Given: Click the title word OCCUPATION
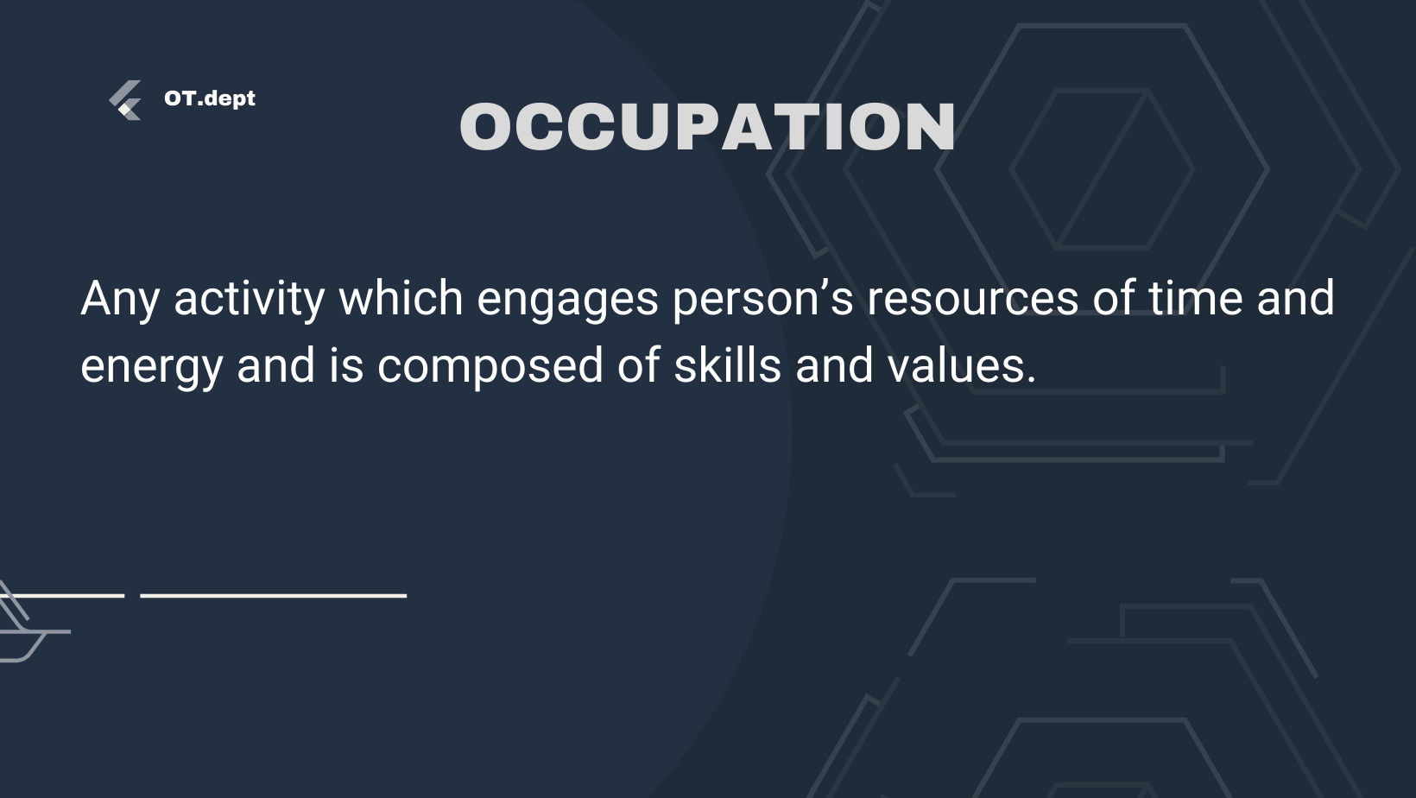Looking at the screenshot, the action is [x=707, y=126].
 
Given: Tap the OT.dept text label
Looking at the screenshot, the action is [x=209, y=98].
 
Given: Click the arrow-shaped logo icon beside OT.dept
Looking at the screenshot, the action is [x=125, y=100].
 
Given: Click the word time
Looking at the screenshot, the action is [x=1195, y=297].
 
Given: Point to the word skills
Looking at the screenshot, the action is [x=728, y=364].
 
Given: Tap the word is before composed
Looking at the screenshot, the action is [x=345, y=364].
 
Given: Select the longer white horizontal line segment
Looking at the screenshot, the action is [x=273, y=596].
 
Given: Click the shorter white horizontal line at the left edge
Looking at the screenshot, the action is [x=62, y=596].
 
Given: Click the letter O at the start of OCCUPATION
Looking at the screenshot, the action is [x=485, y=126].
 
